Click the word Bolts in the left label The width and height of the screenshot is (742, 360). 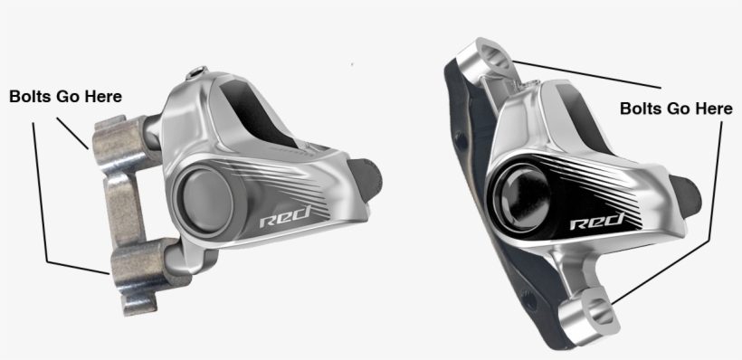[x=31, y=95]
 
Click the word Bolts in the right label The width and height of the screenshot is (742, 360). [x=641, y=109]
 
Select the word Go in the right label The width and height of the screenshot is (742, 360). [x=679, y=109]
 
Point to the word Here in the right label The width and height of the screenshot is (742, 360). [x=711, y=109]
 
